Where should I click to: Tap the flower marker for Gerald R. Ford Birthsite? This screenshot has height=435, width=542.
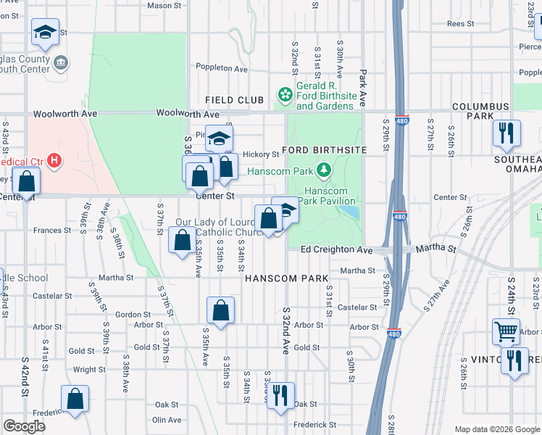(285, 94)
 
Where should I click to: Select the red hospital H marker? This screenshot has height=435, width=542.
(54, 160)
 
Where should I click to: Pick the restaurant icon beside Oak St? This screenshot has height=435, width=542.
(280, 396)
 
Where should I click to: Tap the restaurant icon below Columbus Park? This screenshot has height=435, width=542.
(506, 133)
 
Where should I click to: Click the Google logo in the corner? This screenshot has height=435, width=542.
(25, 426)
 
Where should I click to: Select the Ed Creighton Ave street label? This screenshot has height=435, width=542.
(336, 250)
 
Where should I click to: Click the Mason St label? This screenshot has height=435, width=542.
(164, 6)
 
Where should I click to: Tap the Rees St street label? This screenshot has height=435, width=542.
(460, 24)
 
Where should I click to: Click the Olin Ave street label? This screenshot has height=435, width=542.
(167, 420)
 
